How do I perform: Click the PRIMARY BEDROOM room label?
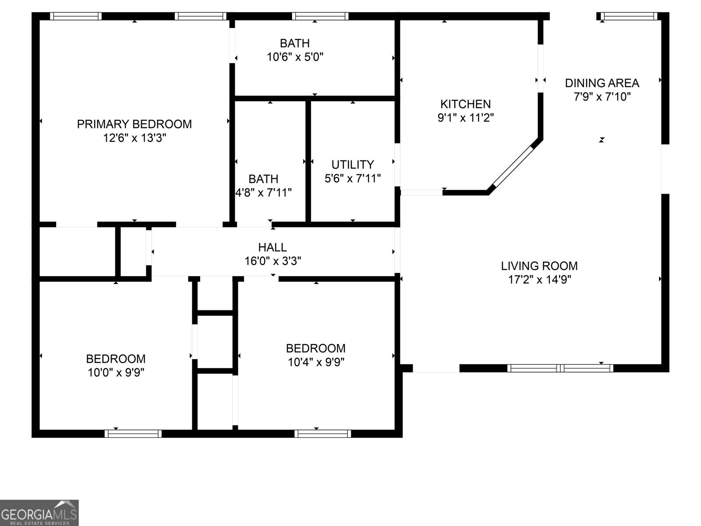click(x=134, y=124)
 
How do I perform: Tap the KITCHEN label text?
click(x=465, y=104)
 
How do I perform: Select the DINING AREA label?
click(x=602, y=83)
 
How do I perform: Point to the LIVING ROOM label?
click(x=539, y=266)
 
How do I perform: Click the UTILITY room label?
click(x=352, y=164)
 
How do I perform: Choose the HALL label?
click(x=272, y=247)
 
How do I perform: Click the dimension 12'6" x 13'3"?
click(x=134, y=138)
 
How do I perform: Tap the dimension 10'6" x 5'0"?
click(x=295, y=57)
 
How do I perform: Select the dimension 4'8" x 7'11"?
click(x=263, y=192)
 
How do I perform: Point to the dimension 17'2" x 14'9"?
click(x=539, y=280)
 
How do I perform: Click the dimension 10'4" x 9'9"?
click(x=315, y=362)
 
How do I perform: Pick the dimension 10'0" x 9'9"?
click(x=116, y=373)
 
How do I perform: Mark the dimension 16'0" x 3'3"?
click(x=272, y=261)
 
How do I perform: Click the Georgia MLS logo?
click(x=39, y=512)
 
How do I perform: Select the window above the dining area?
click(x=629, y=16)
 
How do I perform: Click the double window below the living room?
click(x=560, y=368)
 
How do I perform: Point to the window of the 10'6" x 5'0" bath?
click(x=320, y=16)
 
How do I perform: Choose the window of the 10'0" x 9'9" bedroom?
click(x=133, y=434)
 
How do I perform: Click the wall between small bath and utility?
click(x=308, y=161)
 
